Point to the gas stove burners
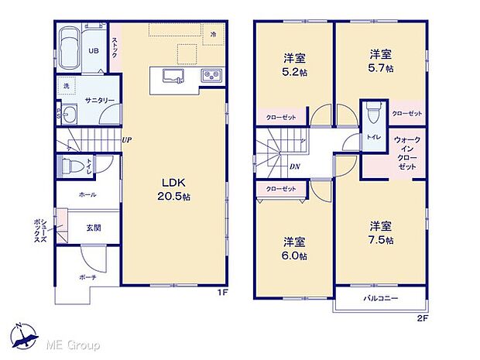(x=211, y=75)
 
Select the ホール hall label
(x=87, y=195)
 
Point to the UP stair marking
(x=126, y=140)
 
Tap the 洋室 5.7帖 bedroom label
(x=379, y=61)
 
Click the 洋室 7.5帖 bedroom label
(x=379, y=233)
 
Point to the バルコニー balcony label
(x=380, y=297)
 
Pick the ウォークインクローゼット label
(x=406, y=153)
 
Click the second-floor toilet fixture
(x=374, y=112)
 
